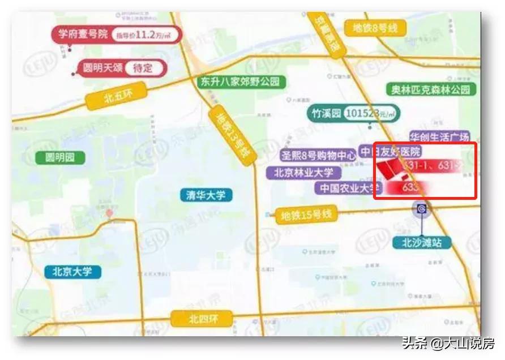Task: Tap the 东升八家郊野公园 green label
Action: (x=241, y=82)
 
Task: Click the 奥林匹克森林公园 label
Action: (x=431, y=89)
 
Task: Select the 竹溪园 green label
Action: (x=326, y=113)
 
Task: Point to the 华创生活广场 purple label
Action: (x=440, y=137)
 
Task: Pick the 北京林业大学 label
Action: (x=303, y=172)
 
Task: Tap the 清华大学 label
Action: (x=206, y=195)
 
